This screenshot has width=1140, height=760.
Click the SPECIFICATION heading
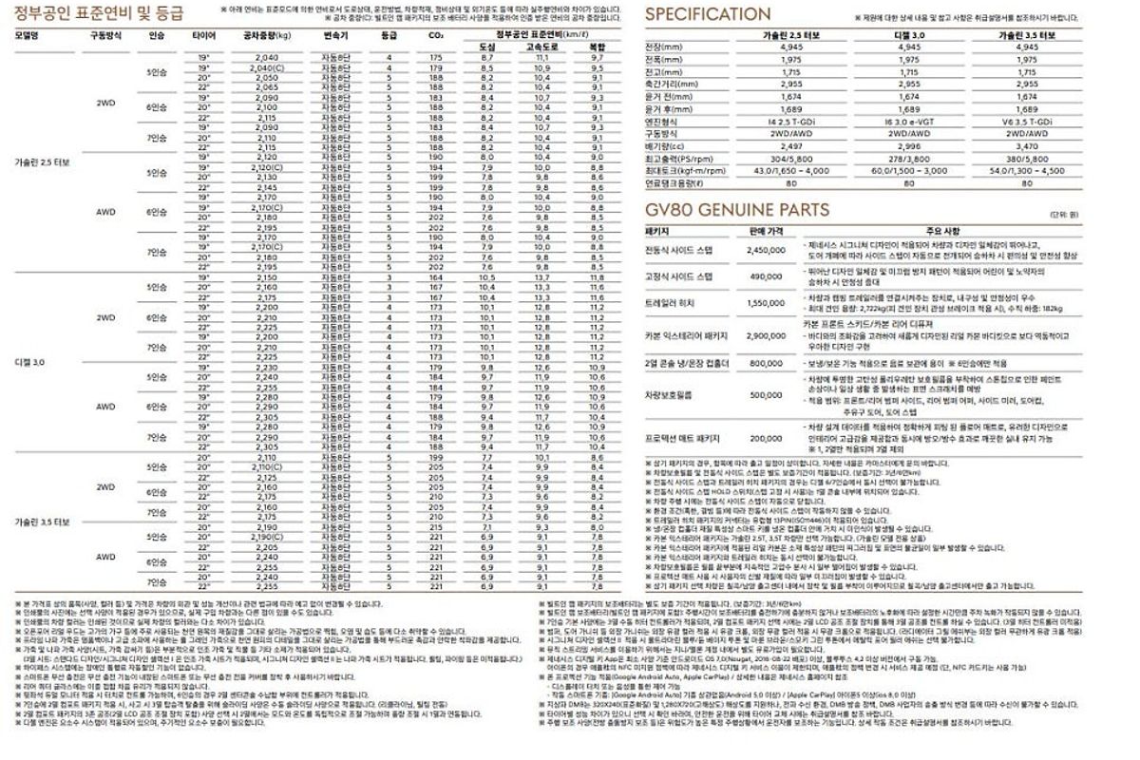pos(708,14)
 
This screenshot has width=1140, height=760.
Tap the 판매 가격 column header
pos(765,230)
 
